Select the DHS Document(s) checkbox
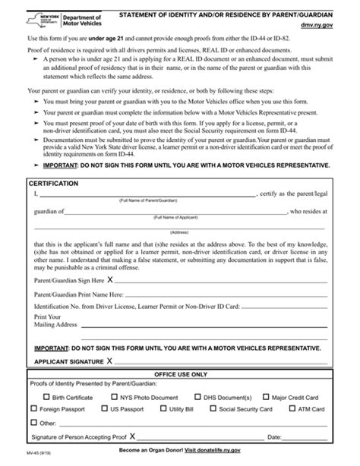(x=199, y=397)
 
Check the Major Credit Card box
(x=265, y=397)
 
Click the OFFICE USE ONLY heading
(x=179, y=375)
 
